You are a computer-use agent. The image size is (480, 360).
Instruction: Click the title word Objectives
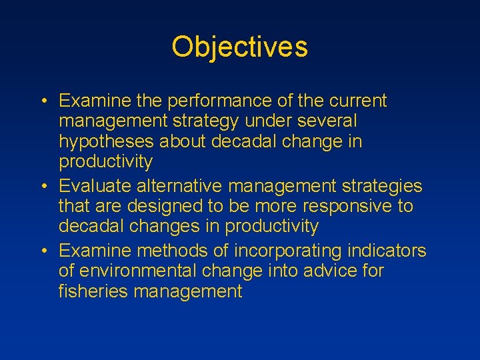tap(239, 47)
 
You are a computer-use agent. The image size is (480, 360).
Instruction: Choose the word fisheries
tap(91, 291)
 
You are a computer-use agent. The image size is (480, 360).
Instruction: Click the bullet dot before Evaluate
tap(43, 185)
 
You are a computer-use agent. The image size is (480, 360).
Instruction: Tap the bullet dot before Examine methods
tap(43, 251)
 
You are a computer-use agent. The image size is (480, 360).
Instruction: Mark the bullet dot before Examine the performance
tap(43, 101)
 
